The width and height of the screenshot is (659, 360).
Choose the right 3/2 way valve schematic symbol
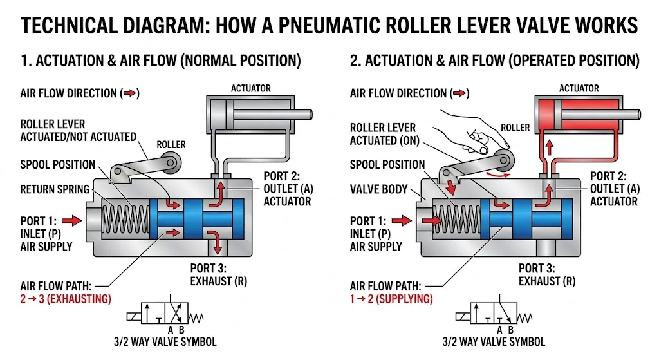492,316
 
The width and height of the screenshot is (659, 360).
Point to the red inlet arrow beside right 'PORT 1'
402,221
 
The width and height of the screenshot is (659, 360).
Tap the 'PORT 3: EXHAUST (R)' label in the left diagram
218,274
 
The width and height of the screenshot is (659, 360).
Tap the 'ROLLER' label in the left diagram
171,144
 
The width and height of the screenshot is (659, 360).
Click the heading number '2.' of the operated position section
355,61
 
